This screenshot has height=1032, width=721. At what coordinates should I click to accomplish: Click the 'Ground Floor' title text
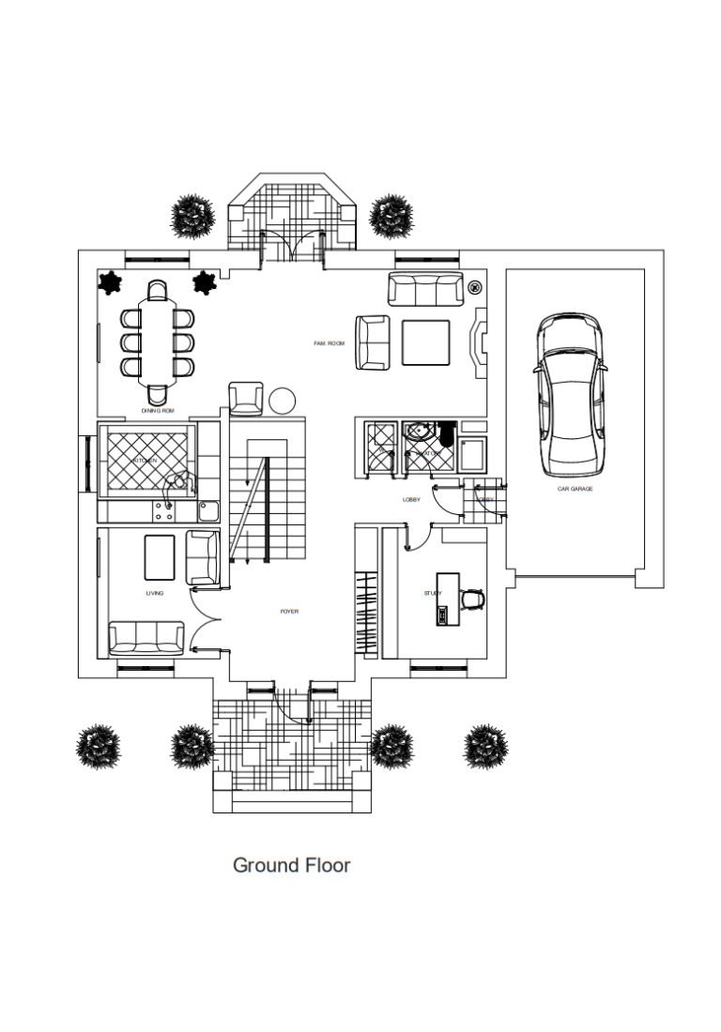click(x=291, y=865)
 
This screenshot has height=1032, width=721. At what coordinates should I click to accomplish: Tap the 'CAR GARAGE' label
click(x=575, y=489)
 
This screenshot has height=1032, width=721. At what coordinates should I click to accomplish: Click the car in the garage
click(x=569, y=394)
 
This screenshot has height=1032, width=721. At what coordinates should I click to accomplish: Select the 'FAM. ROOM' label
click(x=329, y=344)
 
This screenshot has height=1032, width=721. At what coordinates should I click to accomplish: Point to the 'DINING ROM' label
click(x=158, y=411)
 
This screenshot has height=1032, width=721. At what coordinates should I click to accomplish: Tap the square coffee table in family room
click(x=426, y=342)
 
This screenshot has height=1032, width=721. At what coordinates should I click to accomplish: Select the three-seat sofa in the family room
click(x=426, y=289)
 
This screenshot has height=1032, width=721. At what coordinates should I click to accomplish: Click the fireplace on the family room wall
click(x=477, y=342)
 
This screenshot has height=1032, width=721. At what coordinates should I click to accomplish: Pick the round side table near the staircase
click(x=283, y=401)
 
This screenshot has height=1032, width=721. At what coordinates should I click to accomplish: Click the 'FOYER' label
click(x=289, y=612)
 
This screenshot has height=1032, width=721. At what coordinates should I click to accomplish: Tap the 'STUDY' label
click(x=432, y=593)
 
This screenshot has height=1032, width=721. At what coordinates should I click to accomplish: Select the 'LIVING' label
click(x=154, y=594)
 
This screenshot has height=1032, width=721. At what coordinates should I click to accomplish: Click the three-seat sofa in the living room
click(x=146, y=638)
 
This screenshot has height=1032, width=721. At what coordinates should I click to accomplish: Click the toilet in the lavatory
click(x=445, y=437)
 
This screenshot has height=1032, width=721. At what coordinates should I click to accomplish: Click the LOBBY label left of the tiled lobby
click(x=411, y=500)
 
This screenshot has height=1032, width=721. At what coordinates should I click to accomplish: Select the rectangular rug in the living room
click(x=160, y=557)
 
